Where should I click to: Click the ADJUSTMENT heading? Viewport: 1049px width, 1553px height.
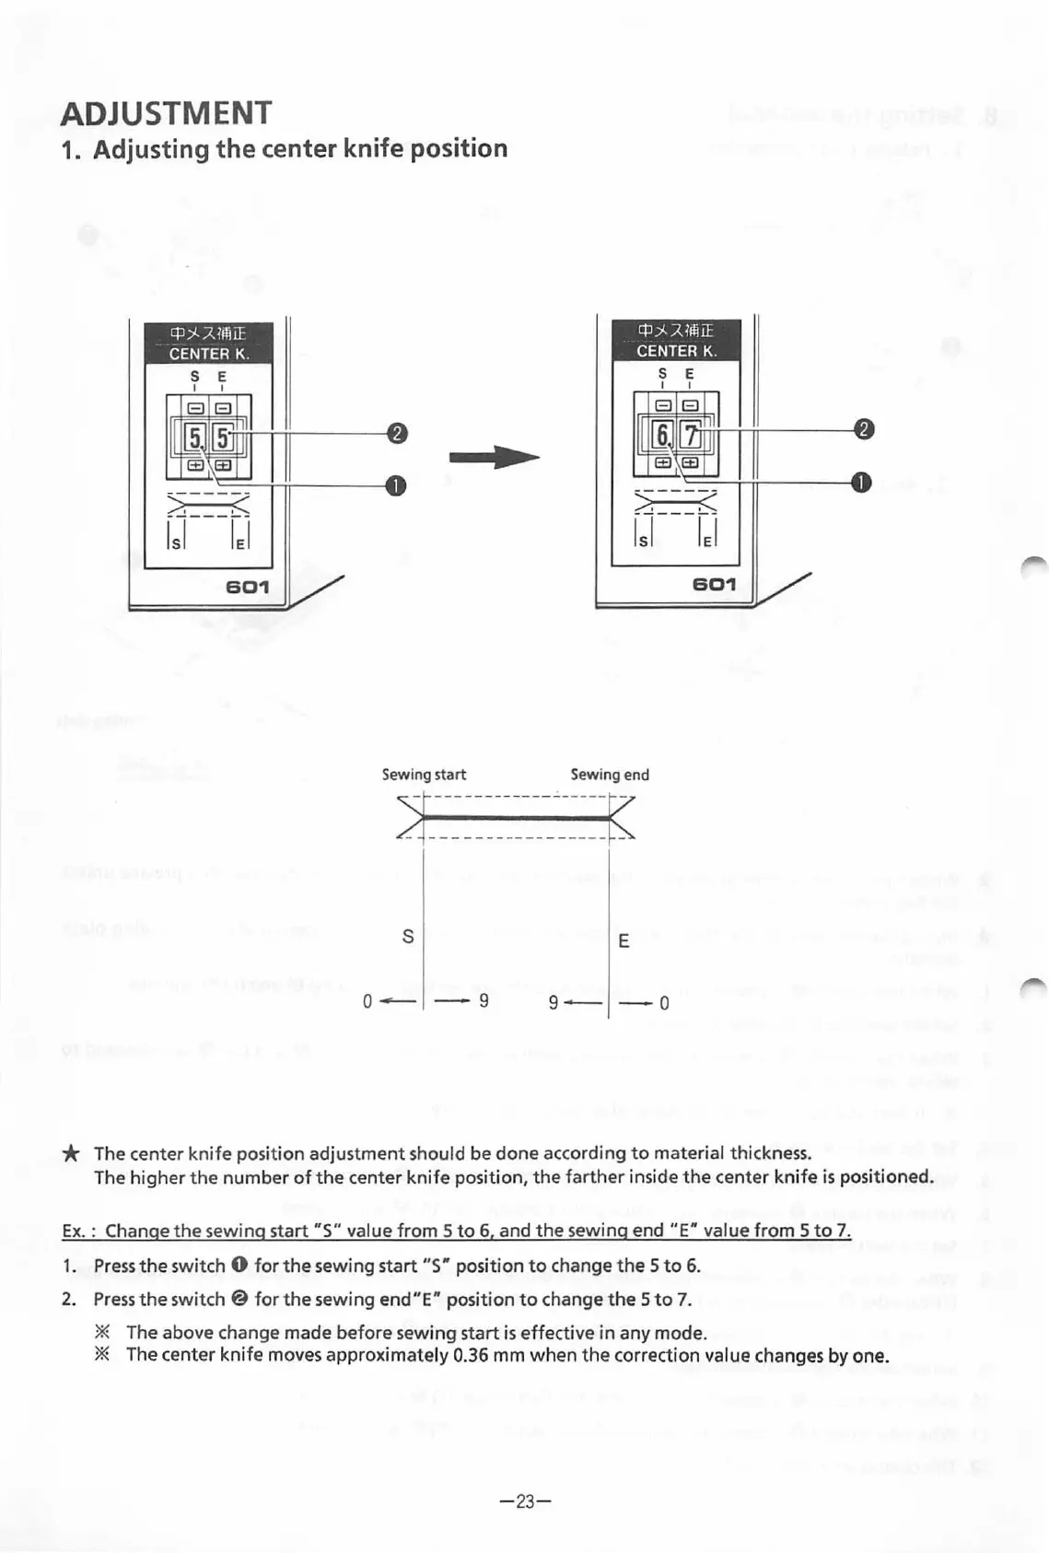coord(166,113)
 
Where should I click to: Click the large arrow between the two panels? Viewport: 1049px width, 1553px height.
coord(493,458)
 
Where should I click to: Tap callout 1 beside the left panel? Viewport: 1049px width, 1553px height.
coord(395,485)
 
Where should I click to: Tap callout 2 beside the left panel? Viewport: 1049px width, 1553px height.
coord(396,433)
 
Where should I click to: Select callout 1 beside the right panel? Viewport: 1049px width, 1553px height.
coord(861,483)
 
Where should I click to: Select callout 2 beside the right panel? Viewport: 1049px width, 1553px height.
coord(864,429)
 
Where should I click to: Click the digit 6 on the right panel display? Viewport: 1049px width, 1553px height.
coord(662,434)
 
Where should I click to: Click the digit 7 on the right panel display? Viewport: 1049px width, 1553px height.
coord(691,434)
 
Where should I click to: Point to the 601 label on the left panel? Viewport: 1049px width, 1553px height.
coord(247,587)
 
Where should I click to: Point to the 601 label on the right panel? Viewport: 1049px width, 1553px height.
coord(715,584)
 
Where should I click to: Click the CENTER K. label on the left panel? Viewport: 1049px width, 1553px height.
coord(208,354)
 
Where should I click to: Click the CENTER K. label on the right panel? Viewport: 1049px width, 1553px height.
coord(676,351)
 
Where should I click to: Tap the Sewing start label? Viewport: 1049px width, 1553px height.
coord(424,775)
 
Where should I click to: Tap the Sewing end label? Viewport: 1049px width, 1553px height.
coord(610,775)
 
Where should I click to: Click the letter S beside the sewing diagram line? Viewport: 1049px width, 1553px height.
coord(408,937)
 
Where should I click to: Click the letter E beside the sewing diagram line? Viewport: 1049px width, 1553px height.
coord(624,941)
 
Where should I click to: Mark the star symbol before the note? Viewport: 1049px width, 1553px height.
coord(71,1154)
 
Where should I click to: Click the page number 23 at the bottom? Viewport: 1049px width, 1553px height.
coord(525,1501)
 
